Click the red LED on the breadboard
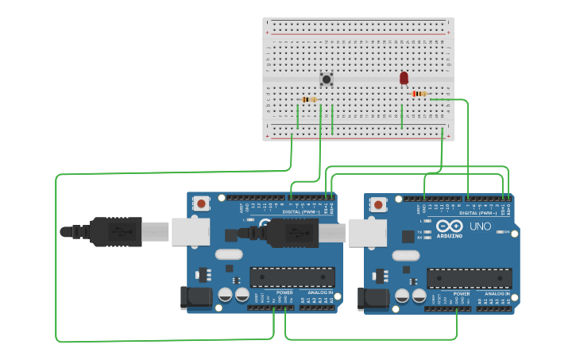[x=404, y=78]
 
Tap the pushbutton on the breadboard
[x=326, y=79]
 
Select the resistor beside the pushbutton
[x=309, y=99]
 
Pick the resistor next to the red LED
[x=419, y=94]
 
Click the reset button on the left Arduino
[x=202, y=203]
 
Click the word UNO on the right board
[x=480, y=226]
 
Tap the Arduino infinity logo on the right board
[x=450, y=225]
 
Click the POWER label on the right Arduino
[x=462, y=293]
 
